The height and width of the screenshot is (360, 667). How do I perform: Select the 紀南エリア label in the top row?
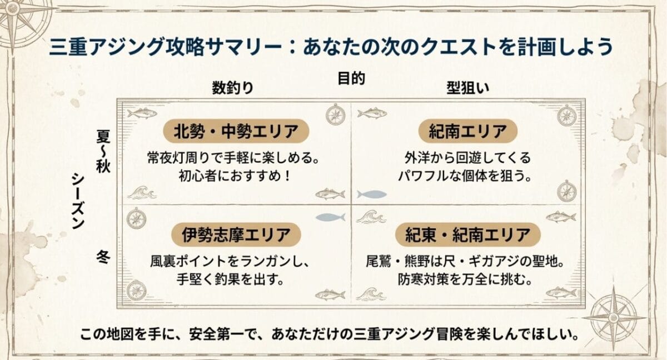(x=468, y=132)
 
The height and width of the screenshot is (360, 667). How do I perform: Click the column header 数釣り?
(x=232, y=87)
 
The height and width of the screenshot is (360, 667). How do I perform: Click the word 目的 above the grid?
(x=351, y=79)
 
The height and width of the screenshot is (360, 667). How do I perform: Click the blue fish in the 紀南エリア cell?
(x=371, y=194)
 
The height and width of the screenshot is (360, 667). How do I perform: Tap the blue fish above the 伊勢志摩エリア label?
(x=330, y=217)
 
